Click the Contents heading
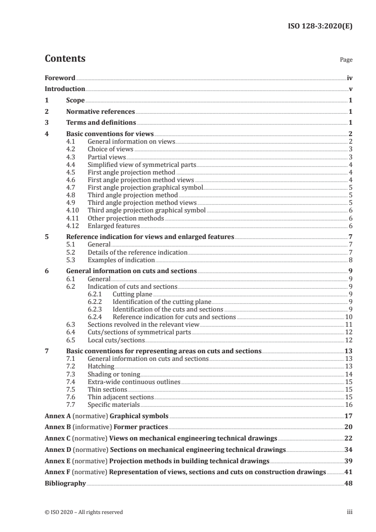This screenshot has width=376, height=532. [65, 59]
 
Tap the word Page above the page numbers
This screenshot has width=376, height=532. [346, 60]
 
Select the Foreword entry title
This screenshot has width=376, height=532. [60, 78]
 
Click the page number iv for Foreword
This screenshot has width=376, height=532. [349, 78]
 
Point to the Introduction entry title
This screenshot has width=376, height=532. [65, 89]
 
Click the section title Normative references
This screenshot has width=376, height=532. [101, 112]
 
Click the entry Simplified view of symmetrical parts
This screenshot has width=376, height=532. [142, 165]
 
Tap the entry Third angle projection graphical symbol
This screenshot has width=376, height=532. [147, 211]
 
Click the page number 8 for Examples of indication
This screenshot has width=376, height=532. [350, 260]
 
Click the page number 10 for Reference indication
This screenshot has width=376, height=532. [348, 317]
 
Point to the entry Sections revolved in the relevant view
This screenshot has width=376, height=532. [144, 325]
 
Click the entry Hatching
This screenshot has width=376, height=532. [101, 367]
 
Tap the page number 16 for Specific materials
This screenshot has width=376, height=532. [348, 404]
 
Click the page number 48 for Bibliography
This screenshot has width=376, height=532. [348, 484]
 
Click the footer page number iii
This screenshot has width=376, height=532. [349, 512]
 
